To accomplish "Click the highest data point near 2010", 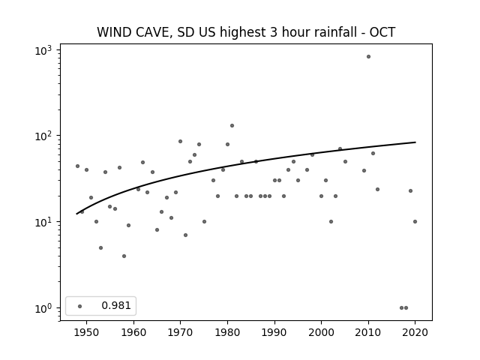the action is point(368,57).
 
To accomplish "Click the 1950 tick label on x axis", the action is point(86,332).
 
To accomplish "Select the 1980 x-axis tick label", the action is point(227,332).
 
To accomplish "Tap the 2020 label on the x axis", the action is point(415,332).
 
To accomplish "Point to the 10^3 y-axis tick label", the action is point(43,50).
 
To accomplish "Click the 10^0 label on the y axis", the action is point(43,308).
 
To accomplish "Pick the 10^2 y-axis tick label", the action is point(43,136).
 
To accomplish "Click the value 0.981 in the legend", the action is point(116,305).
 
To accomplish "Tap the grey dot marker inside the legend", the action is point(80,306).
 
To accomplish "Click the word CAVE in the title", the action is point(151,32).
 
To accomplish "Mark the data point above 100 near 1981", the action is point(232,125).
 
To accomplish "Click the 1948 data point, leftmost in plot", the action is point(77,166).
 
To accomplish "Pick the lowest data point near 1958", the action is point(124,256).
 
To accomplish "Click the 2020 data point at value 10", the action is point(415,222).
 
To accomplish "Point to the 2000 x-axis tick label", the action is point(321,332).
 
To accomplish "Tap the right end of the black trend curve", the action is point(415,142).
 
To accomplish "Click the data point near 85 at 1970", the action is point(180,142).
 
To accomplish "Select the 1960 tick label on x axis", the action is point(133,332).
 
